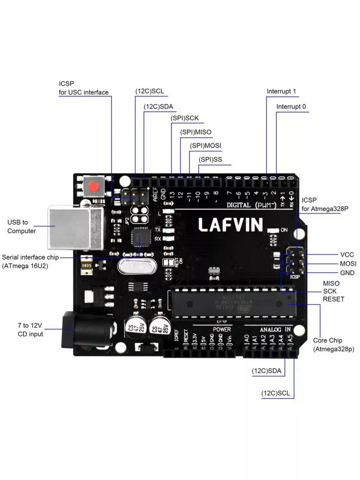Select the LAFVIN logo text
(x=231, y=224)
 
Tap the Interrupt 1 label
(x=281, y=91)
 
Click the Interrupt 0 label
(x=291, y=107)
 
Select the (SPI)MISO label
(x=196, y=132)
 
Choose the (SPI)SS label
(x=210, y=160)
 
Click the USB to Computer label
(x=22, y=226)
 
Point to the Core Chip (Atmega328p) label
(x=333, y=345)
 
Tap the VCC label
(x=347, y=254)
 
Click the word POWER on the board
(x=222, y=329)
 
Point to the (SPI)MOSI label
(x=205, y=146)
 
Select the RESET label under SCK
(x=333, y=299)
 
